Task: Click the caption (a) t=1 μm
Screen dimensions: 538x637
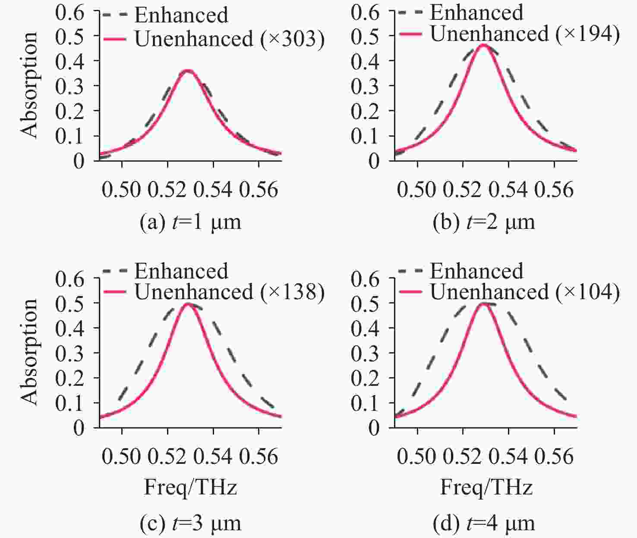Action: [x=190, y=222]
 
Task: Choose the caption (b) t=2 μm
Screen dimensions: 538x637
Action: [x=484, y=222]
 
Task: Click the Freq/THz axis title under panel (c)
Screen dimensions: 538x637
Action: [x=190, y=488]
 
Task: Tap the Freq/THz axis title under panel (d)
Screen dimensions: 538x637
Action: [x=486, y=488]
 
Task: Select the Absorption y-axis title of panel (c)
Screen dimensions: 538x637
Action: [x=29, y=351]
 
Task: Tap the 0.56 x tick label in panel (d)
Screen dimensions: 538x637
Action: [x=554, y=457]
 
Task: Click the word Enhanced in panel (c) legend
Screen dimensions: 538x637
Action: [x=181, y=271]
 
